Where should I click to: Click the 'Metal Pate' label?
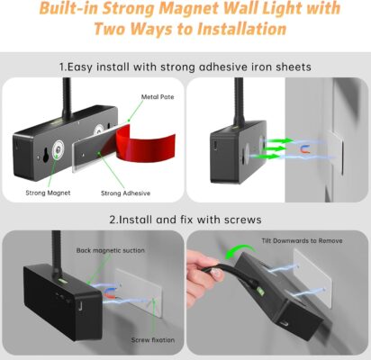click(x=158, y=97)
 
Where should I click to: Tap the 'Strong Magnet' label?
click(x=48, y=193)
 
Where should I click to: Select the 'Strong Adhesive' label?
click(x=125, y=193)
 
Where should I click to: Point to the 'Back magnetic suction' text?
click(x=111, y=250)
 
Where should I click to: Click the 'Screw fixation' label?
click(x=153, y=340)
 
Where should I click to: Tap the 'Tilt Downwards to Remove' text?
click(x=302, y=240)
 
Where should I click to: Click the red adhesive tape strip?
click(x=144, y=143)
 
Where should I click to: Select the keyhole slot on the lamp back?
click(x=46, y=155)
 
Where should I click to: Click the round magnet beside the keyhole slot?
click(x=58, y=148)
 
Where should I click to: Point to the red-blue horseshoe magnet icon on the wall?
click(x=306, y=149)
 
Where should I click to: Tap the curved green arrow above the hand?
click(x=240, y=251)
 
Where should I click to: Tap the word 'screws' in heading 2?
click(x=242, y=220)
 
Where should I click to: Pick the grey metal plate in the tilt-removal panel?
click(x=312, y=277)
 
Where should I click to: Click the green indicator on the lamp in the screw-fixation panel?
click(x=63, y=281)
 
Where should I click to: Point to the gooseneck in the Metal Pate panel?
click(x=67, y=98)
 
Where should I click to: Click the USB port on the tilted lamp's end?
click(x=285, y=324)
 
